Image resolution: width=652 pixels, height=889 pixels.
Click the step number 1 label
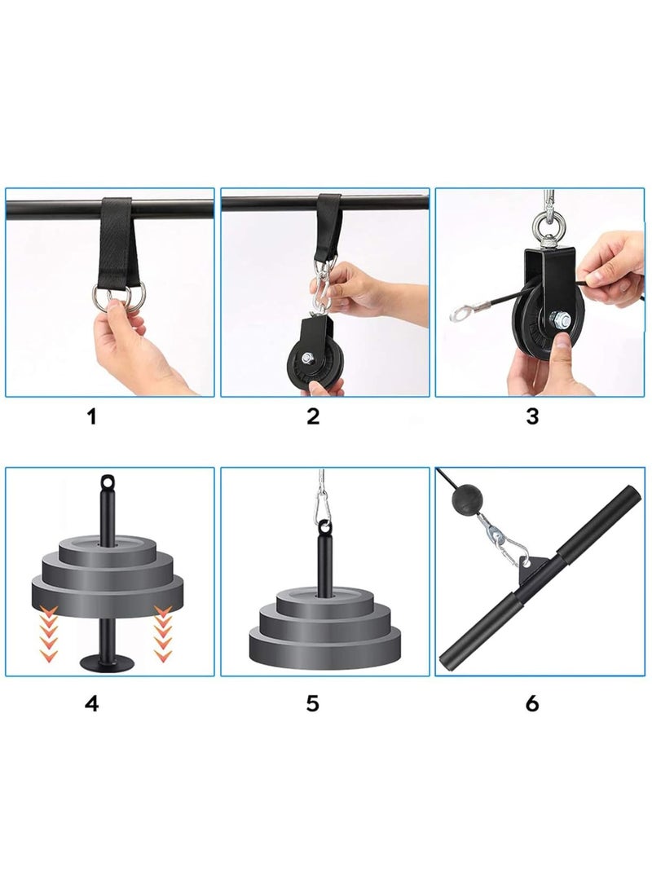pos(91,417)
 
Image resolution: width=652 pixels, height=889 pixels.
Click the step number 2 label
pos(313,417)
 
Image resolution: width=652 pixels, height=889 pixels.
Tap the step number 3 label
pos(532,417)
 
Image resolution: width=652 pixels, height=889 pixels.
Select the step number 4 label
pos(91,702)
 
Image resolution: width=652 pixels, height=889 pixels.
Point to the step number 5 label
pos(313,702)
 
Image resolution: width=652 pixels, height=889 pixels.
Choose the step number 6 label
pos(532,702)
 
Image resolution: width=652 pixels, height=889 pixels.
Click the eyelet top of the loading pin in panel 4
pos(107,481)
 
